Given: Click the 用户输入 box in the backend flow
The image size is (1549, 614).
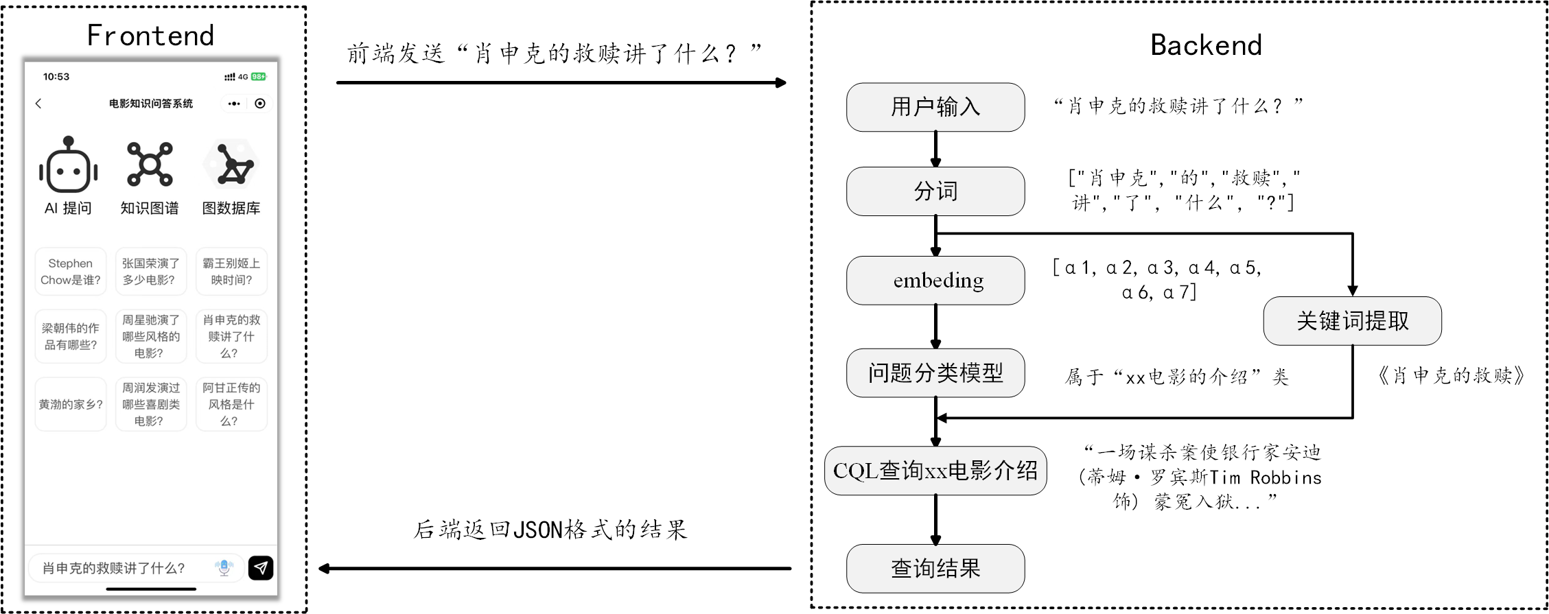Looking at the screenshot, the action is click(x=935, y=107).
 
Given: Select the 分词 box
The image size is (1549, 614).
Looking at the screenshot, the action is click(x=935, y=191).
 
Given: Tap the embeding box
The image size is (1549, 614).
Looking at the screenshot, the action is click(x=935, y=281).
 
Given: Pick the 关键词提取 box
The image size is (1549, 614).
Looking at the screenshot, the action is click(x=1352, y=321).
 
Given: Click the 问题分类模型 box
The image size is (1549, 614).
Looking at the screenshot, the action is click(x=935, y=373).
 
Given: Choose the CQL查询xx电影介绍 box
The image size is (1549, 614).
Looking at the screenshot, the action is click(x=935, y=471).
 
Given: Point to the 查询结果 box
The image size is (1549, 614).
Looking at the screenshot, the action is click(x=935, y=569).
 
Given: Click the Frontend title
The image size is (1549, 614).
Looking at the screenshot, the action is click(x=150, y=36).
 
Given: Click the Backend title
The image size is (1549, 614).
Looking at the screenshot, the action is click(x=1206, y=45).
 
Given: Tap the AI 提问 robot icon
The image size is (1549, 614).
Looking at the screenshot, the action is click(x=68, y=165).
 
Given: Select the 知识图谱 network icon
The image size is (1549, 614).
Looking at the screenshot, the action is click(x=150, y=165).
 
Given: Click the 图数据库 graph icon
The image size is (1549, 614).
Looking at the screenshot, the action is click(x=231, y=165).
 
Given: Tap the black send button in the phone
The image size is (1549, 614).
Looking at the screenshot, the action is click(x=261, y=568).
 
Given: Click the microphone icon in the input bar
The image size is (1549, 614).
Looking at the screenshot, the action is click(x=224, y=567).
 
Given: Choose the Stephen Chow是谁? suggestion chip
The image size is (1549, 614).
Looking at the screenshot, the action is click(x=71, y=272).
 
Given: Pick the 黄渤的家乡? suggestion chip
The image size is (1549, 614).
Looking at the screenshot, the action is click(x=71, y=405).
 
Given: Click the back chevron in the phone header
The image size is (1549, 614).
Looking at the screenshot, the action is click(x=38, y=104).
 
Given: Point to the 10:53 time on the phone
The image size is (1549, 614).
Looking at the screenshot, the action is click(x=56, y=77).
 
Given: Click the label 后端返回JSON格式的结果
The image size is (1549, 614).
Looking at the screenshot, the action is click(x=550, y=530).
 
